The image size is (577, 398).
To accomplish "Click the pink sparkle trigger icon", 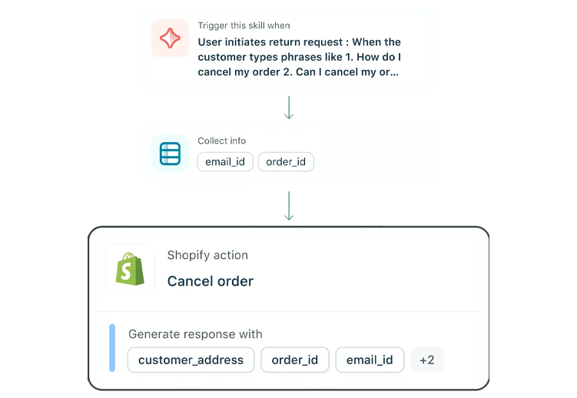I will tap(170, 38).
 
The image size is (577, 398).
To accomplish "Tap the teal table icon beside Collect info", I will tap(170, 154).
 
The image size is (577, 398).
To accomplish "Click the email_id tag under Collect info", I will tap(225, 161).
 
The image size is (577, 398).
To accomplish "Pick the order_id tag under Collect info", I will tap(286, 161).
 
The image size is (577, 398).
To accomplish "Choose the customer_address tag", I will tap(191, 360).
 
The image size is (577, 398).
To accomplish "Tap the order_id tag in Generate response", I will tap(295, 360).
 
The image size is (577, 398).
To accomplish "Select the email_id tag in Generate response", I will tap(370, 360).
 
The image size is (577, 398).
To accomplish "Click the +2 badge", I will tap(427, 360).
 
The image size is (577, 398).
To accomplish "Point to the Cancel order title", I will tap(211, 281).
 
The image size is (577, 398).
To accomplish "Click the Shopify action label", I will tap(207, 255).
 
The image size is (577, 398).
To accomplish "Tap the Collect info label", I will tap(222, 141).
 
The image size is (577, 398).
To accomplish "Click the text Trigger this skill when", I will tap(244, 26).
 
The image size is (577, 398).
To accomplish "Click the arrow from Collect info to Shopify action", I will tap(289, 205).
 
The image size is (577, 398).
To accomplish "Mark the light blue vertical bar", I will tap(112, 347).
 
